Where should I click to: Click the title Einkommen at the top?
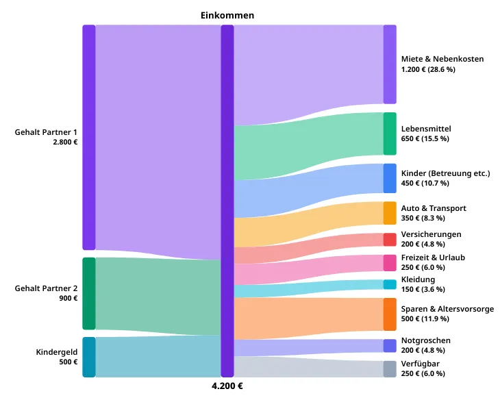[x=227, y=16]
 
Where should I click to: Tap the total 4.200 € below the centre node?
[x=227, y=386]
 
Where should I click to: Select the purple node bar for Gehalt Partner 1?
[x=89, y=138]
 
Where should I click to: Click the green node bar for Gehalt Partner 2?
[x=89, y=294]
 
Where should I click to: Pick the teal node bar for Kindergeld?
[x=89, y=357]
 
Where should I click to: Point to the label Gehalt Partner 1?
[x=46, y=132]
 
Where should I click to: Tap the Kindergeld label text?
[x=56, y=352]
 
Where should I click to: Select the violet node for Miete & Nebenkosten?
[x=390, y=64]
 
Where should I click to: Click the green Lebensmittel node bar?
[x=390, y=134]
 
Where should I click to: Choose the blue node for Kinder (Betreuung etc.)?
[x=390, y=178]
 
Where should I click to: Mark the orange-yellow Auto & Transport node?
[x=390, y=213]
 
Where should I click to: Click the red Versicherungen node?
[x=390, y=239]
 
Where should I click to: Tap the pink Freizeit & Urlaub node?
[x=390, y=262]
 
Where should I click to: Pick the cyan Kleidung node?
[x=390, y=284]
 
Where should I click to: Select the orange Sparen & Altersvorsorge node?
[x=390, y=314]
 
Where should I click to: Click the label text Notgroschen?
[x=425, y=340]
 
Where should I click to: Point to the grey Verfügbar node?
[x=390, y=369]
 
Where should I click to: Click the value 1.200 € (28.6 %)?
[x=428, y=69]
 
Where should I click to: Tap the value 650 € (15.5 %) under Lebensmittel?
[x=425, y=138]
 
